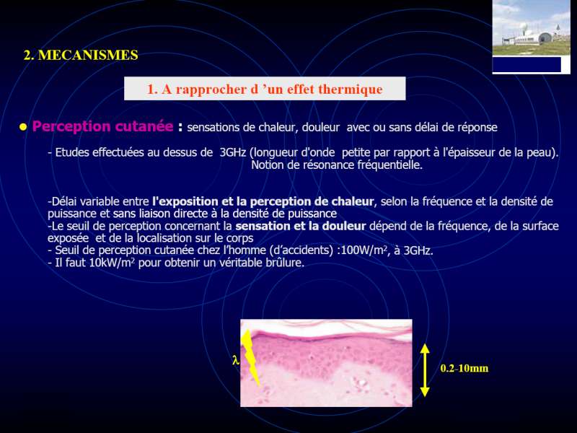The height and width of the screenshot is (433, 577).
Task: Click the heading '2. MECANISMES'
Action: (81, 56)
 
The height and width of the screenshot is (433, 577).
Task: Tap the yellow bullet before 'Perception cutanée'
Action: (23, 128)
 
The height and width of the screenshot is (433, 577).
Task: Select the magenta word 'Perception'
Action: (71, 127)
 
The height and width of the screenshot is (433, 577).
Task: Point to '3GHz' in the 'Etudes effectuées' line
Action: (232, 152)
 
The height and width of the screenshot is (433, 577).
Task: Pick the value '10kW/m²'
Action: (113, 263)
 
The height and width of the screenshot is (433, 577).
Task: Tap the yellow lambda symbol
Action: (236, 359)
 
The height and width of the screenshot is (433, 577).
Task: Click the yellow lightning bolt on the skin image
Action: (251, 357)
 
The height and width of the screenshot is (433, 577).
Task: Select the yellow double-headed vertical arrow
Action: (425, 370)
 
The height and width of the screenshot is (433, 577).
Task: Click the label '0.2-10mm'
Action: (464, 368)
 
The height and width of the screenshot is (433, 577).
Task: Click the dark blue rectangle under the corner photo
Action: (527, 64)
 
